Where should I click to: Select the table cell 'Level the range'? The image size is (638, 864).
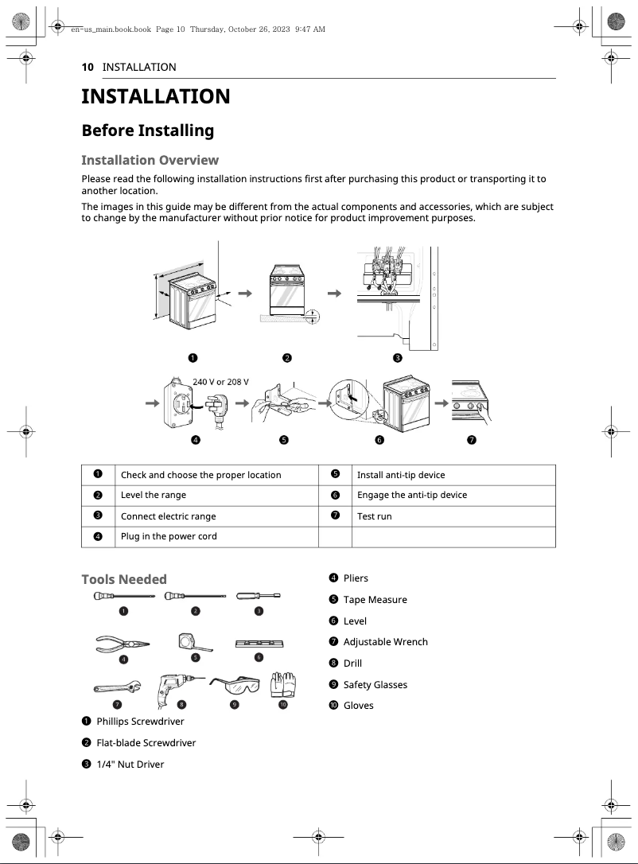[x=154, y=495]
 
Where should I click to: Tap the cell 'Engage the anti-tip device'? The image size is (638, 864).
[x=411, y=495]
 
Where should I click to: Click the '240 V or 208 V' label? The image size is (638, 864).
[x=220, y=382]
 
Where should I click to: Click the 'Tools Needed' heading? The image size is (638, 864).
[x=124, y=579]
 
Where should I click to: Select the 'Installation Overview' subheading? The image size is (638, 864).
[x=150, y=160]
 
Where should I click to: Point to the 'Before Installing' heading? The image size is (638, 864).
[x=148, y=130]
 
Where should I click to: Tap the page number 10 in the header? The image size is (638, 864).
[x=88, y=67]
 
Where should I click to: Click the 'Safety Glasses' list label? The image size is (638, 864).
[x=375, y=684]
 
